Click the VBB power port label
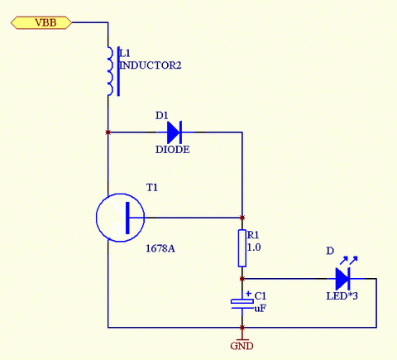(41, 22)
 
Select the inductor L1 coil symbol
(110, 71)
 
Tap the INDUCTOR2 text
(151, 65)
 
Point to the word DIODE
(173, 150)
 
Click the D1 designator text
(161, 115)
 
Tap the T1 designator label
(152, 188)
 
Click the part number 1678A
(160, 248)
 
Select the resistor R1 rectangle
(242, 248)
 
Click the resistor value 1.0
(254, 247)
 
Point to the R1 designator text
(253, 235)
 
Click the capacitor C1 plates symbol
(242, 304)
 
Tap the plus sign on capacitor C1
(249, 294)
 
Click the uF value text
(261, 308)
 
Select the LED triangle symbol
(342, 279)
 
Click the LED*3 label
(342, 296)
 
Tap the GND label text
(242, 346)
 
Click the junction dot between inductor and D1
(108, 132)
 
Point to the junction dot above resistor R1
(242, 218)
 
